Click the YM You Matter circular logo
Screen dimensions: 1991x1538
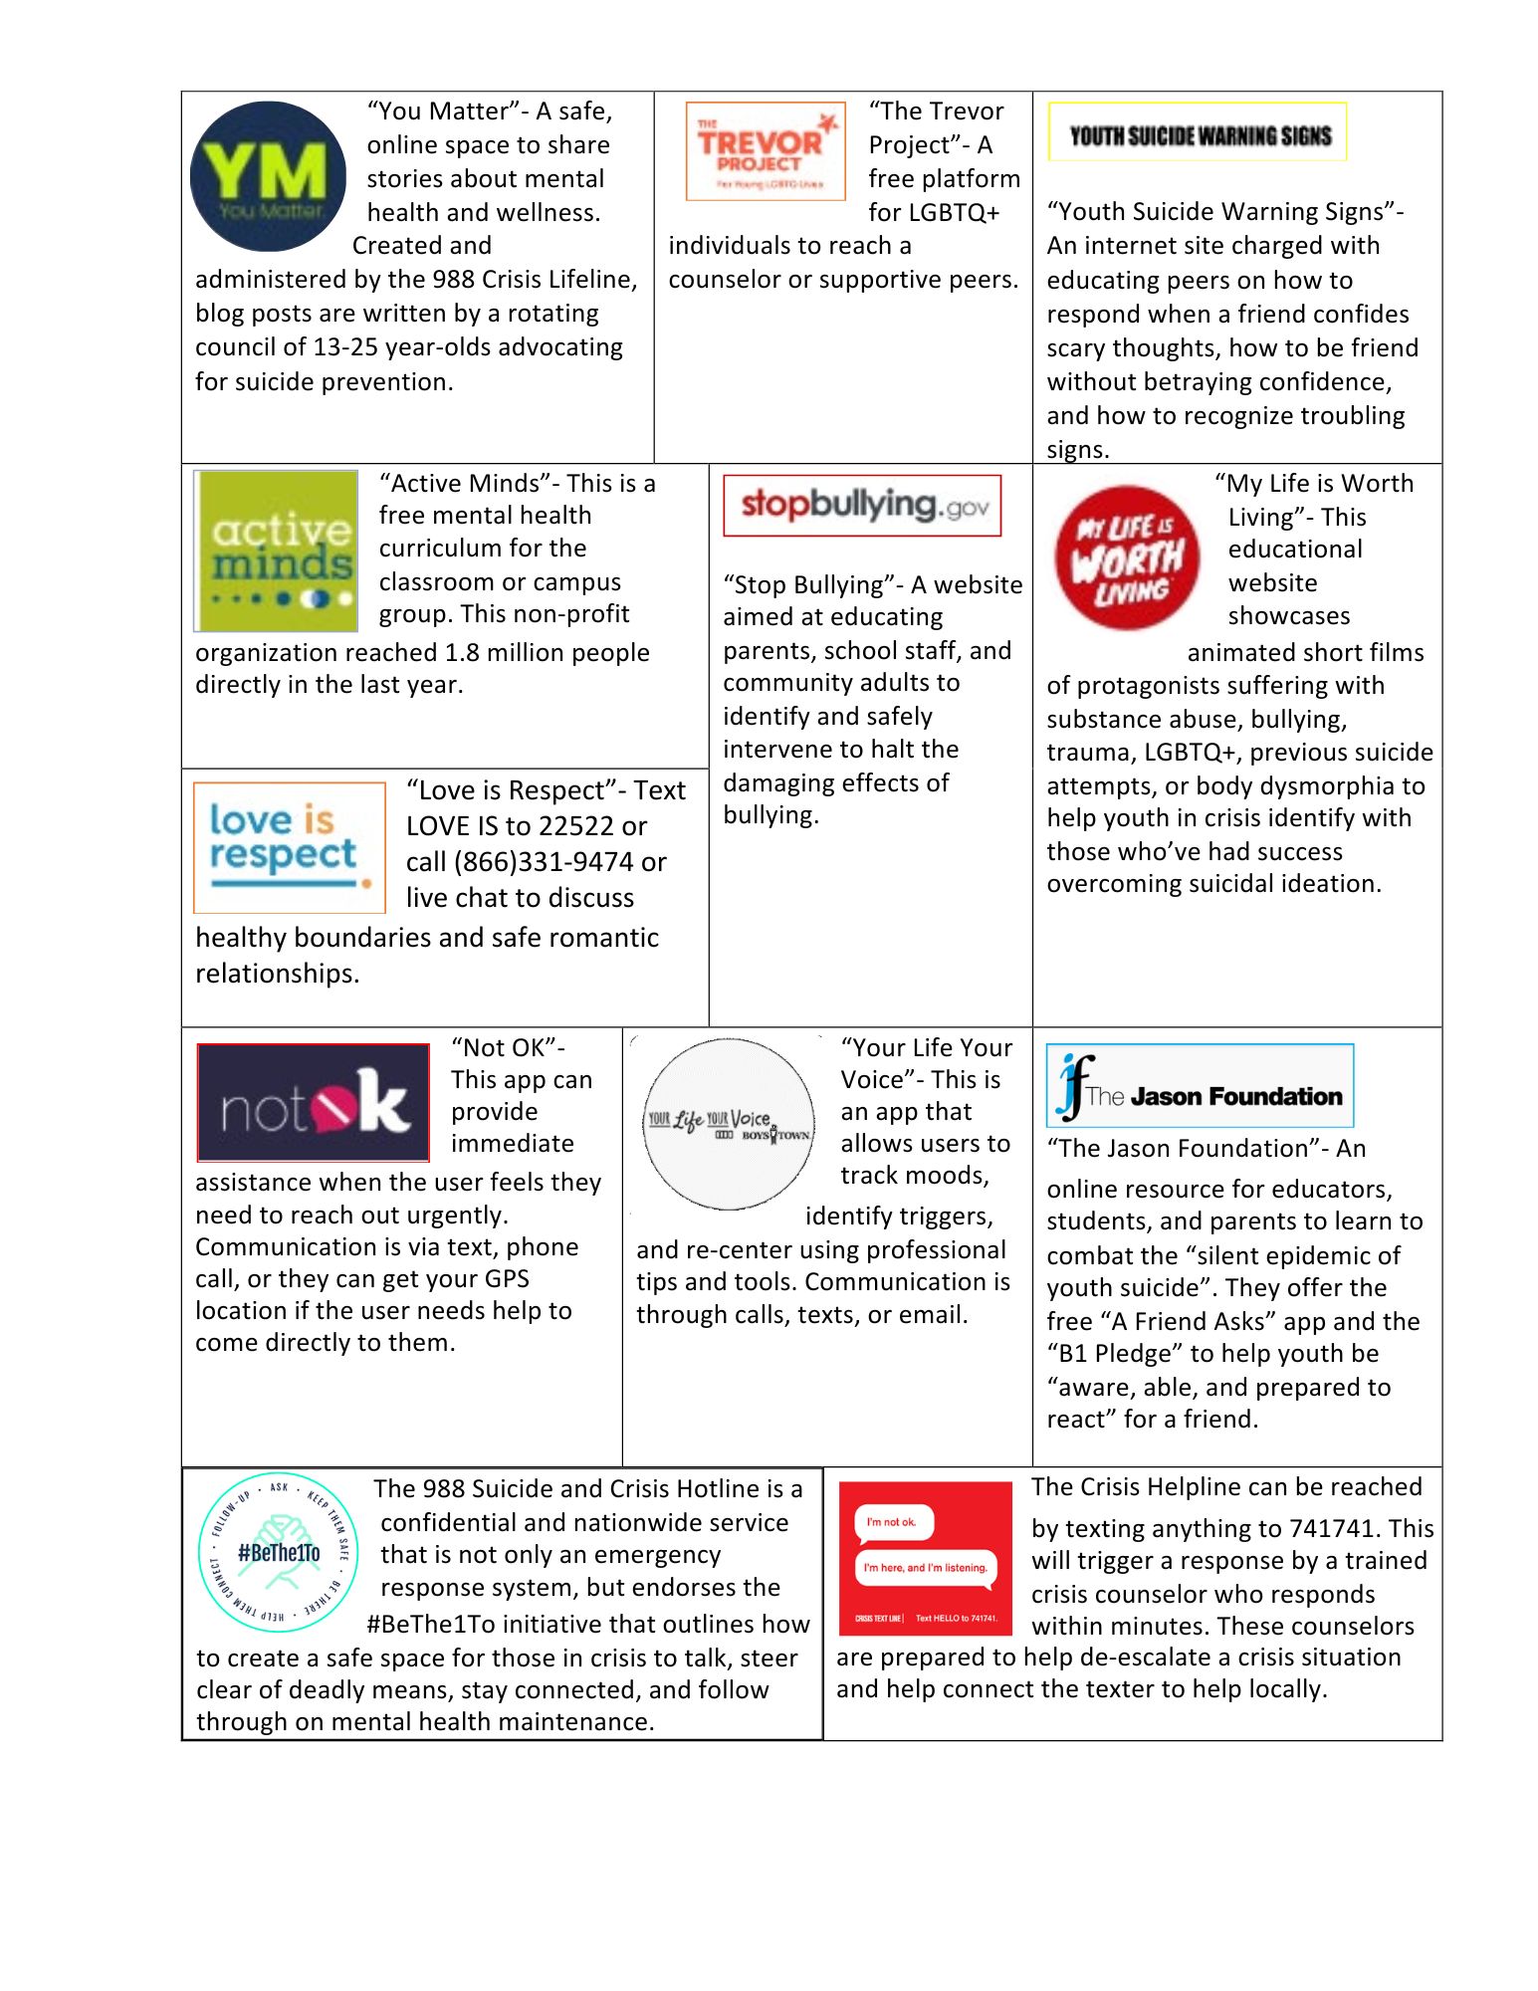pos(268,176)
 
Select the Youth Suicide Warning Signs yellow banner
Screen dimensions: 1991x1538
pos(1198,132)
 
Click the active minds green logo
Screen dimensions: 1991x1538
pos(277,552)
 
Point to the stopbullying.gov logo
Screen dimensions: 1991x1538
pos(862,506)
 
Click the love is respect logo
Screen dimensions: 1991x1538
pos(290,847)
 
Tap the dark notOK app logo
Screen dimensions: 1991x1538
pos(314,1102)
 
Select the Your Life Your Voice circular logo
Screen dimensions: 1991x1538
pos(729,1124)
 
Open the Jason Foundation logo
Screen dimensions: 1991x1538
pos(1201,1086)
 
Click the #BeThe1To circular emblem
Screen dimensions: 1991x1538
pos(279,1552)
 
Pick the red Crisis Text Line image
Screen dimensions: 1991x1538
pos(925,1558)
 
